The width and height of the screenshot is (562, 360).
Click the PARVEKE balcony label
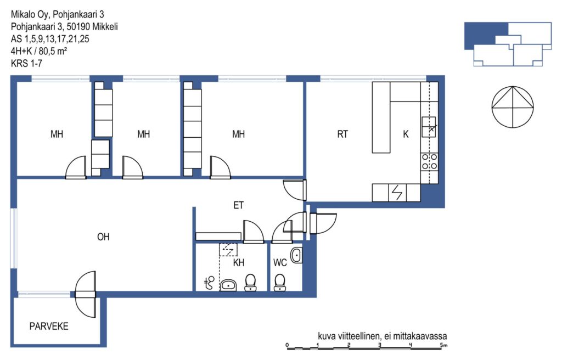coord(49,327)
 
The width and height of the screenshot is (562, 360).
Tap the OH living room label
coord(103,237)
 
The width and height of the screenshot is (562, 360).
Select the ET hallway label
coord(238,205)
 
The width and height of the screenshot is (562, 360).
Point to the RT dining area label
coord(342,134)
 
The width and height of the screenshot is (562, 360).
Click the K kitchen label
coord(406,134)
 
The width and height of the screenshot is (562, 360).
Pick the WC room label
coord(280,263)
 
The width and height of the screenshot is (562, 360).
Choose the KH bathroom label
coord(239,263)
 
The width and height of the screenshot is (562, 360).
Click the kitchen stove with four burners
coord(429,161)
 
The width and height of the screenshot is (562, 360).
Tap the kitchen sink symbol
coord(429,127)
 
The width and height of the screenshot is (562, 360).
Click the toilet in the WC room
coord(279,283)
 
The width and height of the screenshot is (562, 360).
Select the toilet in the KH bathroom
coord(250,283)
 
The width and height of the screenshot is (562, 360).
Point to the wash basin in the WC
coord(296,255)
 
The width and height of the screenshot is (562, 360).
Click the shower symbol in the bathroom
coord(209,283)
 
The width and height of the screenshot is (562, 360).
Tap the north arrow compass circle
coord(513,107)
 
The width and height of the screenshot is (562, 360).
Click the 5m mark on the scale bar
coord(444,345)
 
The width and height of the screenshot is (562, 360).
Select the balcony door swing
coord(86,294)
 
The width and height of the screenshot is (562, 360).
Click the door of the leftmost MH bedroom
coord(76,167)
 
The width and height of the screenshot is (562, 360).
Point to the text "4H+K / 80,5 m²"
coord(39,51)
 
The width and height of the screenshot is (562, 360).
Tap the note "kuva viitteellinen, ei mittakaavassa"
coord(383,336)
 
